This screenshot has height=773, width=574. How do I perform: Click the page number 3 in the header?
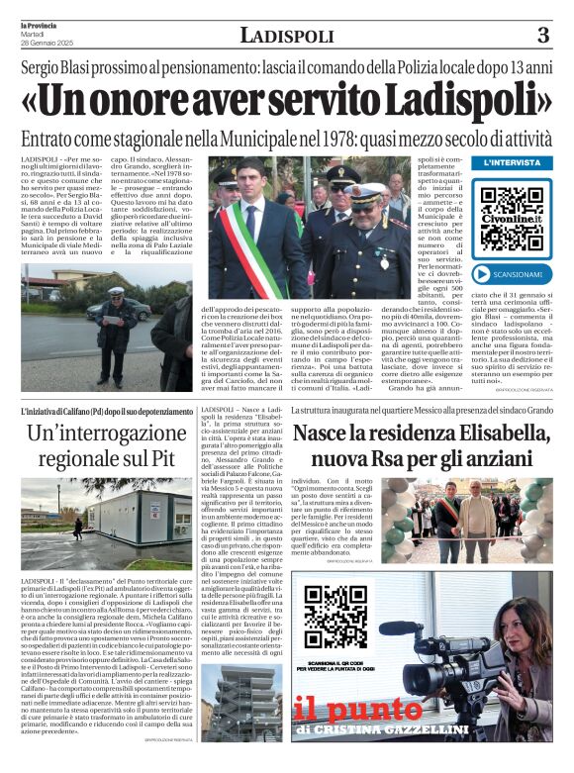click(x=542, y=36)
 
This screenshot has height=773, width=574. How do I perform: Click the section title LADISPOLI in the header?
click(x=286, y=37)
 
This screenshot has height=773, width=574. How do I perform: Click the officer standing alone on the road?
click(x=116, y=322)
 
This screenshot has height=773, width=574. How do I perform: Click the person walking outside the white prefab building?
click(x=78, y=528)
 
